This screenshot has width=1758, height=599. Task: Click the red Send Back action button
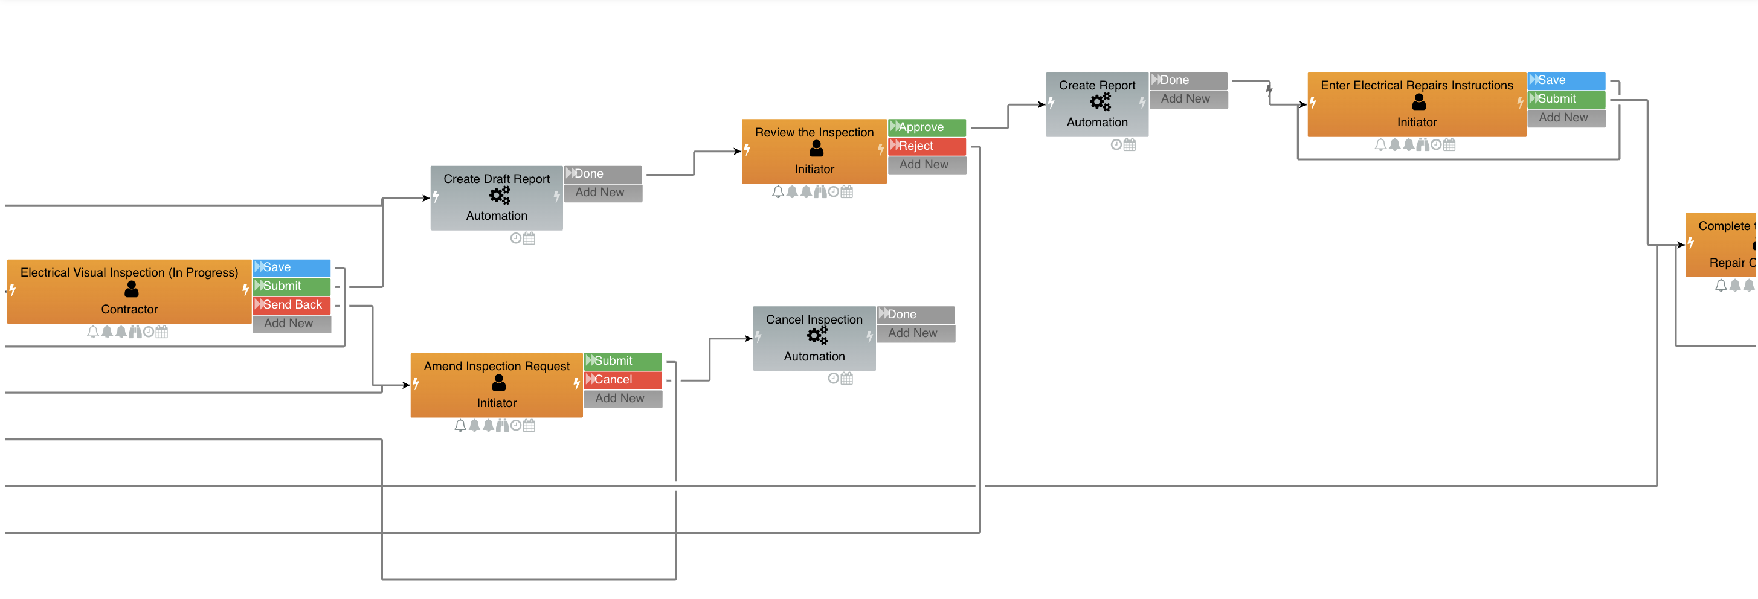[292, 305]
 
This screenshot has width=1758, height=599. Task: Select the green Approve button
[927, 127]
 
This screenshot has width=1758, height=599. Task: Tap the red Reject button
[927, 146]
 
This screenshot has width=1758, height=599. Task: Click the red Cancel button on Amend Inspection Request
[622, 380]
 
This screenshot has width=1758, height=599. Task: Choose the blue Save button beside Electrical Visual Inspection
[292, 267]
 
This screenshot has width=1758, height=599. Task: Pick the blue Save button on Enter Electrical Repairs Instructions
[1566, 80]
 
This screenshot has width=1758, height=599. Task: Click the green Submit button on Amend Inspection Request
[622, 361]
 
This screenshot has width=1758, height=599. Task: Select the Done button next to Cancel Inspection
[916, 315]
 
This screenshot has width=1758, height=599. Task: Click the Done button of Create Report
[1188, 80]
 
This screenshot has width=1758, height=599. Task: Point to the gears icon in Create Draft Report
[500, 196]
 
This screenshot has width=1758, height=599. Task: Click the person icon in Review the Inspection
[816, 149]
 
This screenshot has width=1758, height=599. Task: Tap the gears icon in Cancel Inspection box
[817, 336]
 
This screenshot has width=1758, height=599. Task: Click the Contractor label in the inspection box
[129, 310]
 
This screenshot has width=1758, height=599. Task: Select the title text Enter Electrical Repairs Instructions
[1417, 85]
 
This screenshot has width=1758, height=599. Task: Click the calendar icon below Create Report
[1130, 145]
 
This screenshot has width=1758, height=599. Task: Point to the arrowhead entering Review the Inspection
[737, 152]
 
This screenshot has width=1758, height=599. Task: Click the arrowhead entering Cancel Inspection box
[748, 338]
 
